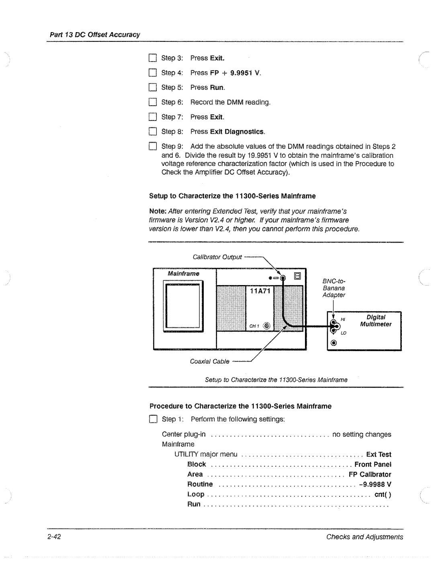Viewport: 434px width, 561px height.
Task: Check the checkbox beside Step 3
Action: pyautogui.click(x=152, y=58)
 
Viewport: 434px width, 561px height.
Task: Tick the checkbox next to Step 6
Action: pyautogui.click(x=152, y=102)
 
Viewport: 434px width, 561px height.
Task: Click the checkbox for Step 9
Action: pyautogui.click(x=152, y=146)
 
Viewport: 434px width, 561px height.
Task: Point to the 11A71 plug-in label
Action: pyautogui.click(x=259, y=291)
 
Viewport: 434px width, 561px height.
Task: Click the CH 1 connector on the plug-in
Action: pyautogui.click(x=268, y=326)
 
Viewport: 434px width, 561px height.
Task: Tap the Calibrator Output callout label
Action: pyautogui.click(x=217, y=257)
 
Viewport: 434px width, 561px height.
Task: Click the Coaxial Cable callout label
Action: pyautogui.click(x=210, y=361)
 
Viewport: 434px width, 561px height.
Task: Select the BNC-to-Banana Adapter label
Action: pyautogui.click(x=334, y=288)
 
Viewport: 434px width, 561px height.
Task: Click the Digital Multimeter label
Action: pyautogui.click(x=376, y=320)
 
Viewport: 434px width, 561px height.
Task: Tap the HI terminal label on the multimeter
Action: pyautogui.click(x=343, y=319)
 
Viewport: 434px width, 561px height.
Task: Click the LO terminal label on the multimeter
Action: pyautogui.click(x=344, y=333)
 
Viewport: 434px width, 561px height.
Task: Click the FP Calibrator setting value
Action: pyautogui.click(x=370, y=474)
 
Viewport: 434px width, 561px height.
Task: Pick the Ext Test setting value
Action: pyautogui.click(x=379, y=455)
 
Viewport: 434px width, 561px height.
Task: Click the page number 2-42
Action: pyautogui.click(x=53, y=537)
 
